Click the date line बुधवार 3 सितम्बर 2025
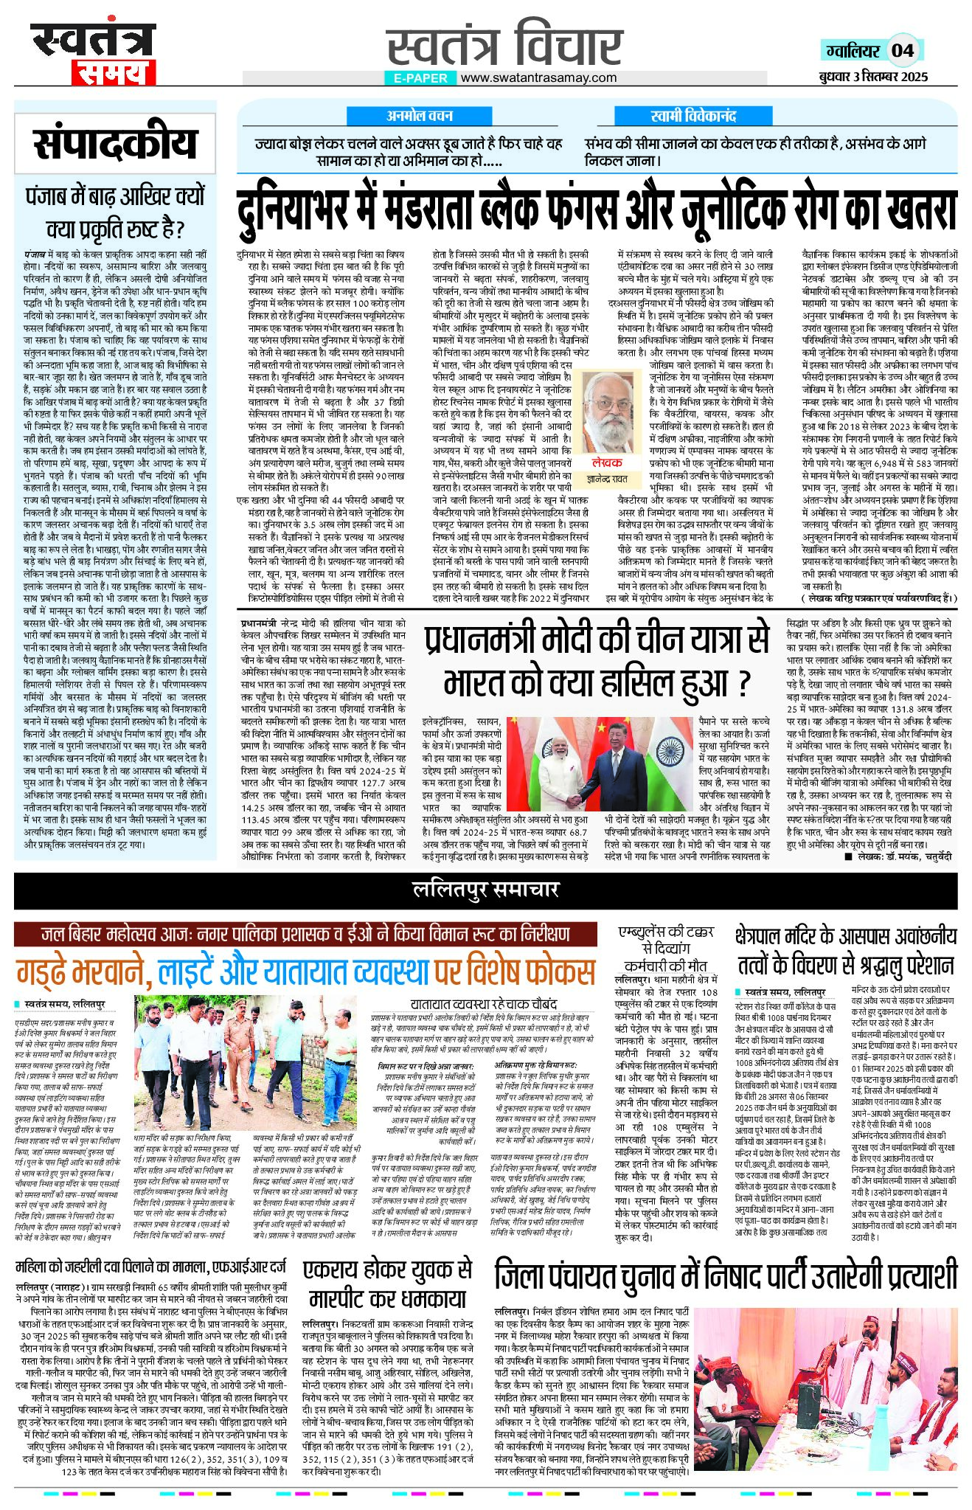tap(873, 77)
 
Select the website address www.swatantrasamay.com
tap(538, 77)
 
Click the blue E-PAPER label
tap(420, 77)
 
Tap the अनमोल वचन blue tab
tap(420, 116)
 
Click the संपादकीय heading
tap(115, 145)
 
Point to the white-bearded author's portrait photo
tap(610, 415)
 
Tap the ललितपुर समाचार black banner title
tap(485, 890)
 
